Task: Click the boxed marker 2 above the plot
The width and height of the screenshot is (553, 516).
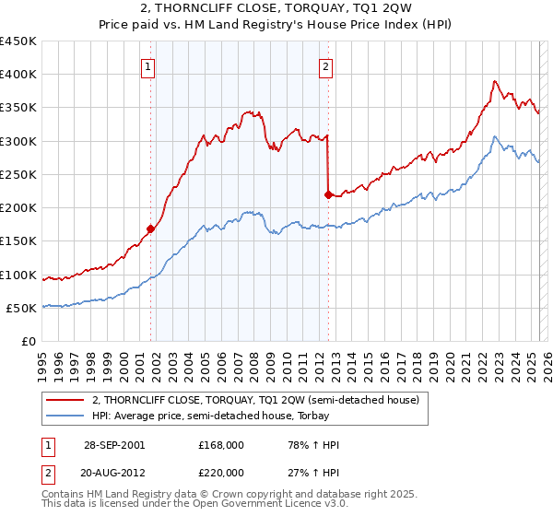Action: point(326,65)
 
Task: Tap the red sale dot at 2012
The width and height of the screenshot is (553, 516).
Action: point(328,194)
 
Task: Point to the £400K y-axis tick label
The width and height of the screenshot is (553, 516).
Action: point(18,75)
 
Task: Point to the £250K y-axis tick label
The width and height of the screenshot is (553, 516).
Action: point(18,174)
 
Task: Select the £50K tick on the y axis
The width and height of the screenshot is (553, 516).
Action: point(22,308)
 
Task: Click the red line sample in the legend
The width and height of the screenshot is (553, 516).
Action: point(65,400)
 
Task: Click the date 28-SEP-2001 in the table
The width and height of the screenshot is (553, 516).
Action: point(113,445)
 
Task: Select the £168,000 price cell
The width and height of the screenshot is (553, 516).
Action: point(221,445)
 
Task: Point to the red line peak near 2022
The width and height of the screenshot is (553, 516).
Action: point(495,81)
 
